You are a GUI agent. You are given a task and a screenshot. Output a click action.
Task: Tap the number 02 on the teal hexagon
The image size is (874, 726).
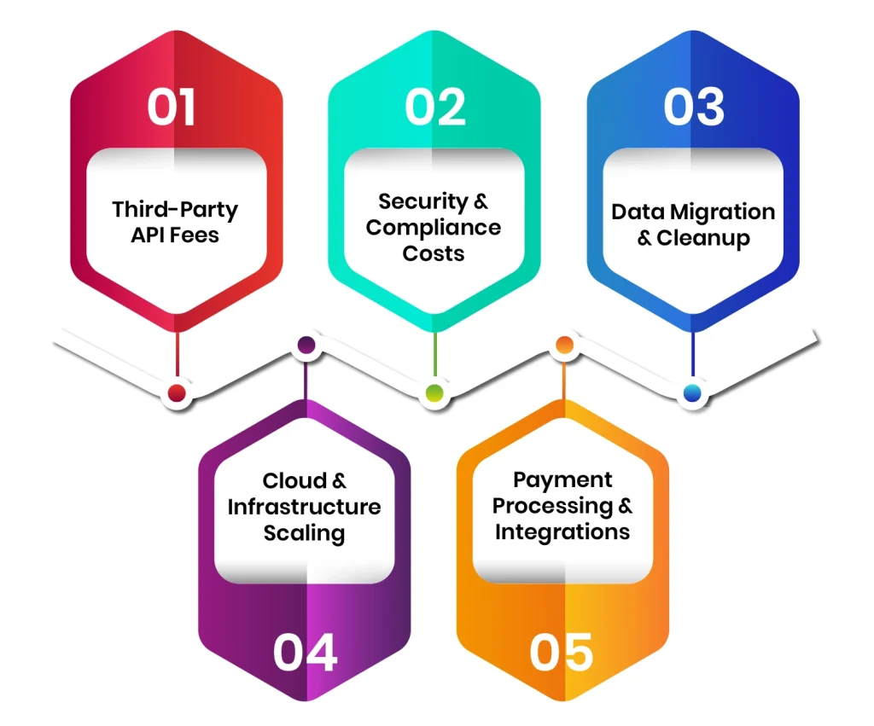(435, 107)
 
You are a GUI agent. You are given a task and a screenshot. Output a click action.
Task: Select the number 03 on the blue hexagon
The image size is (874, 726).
(693, 107)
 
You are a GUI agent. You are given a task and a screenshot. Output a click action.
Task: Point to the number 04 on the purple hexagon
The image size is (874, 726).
(305, 653)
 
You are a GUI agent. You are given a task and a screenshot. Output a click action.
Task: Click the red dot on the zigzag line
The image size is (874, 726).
(177, 393)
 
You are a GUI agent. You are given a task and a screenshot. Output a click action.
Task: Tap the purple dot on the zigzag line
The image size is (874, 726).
(306, 346)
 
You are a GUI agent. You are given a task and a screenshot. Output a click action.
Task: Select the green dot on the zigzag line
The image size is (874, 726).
(434, 393)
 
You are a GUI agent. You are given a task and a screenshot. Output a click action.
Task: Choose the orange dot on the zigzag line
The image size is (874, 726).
(563, 346)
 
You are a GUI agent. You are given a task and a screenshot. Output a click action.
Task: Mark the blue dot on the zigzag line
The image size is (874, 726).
(692, 393)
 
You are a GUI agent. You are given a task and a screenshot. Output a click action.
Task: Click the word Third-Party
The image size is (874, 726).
(175, 210)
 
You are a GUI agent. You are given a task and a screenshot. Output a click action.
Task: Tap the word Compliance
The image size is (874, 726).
(434, 228)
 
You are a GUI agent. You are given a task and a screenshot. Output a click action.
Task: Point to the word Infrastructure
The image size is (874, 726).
(304, 507)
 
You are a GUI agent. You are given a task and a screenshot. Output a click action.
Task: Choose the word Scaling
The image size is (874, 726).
(304, 533)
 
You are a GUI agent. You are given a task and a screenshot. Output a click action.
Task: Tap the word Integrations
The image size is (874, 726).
(562, 532)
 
